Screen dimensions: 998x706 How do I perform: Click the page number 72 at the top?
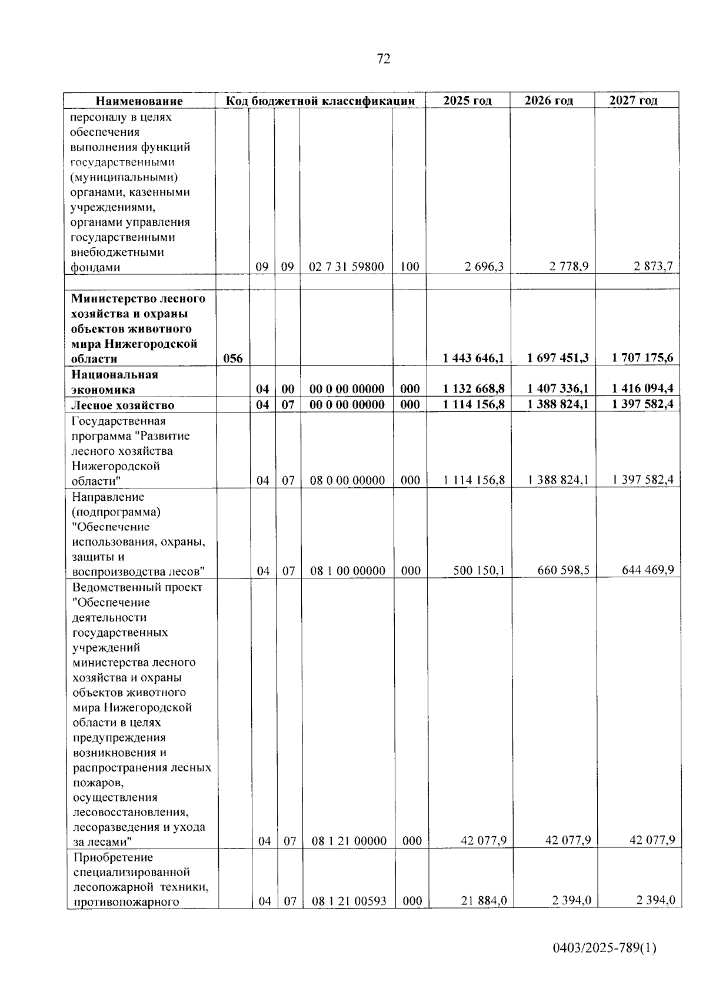(x=383, y=59)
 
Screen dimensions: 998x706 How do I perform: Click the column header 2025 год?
(x=467, y=101)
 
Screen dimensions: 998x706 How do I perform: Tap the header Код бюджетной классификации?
(x=321, y=101)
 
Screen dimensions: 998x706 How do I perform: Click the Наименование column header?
(x=139, y=101)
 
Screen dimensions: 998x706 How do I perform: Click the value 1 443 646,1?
(x=474, y=358)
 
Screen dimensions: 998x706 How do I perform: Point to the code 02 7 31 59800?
(x=347, y=267)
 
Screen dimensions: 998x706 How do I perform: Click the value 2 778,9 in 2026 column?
(x=569, y=267)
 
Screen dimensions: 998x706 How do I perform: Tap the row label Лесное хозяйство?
(x=122, y=405)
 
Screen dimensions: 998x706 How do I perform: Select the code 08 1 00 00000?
(x=348, y=571)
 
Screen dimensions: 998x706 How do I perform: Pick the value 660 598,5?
(x=564, y=570)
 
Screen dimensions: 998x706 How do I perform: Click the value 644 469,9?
(x=648, y=570)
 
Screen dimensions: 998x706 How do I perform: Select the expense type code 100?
(x=409, y=267)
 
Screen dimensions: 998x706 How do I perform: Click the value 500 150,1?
(x=479, y=570)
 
